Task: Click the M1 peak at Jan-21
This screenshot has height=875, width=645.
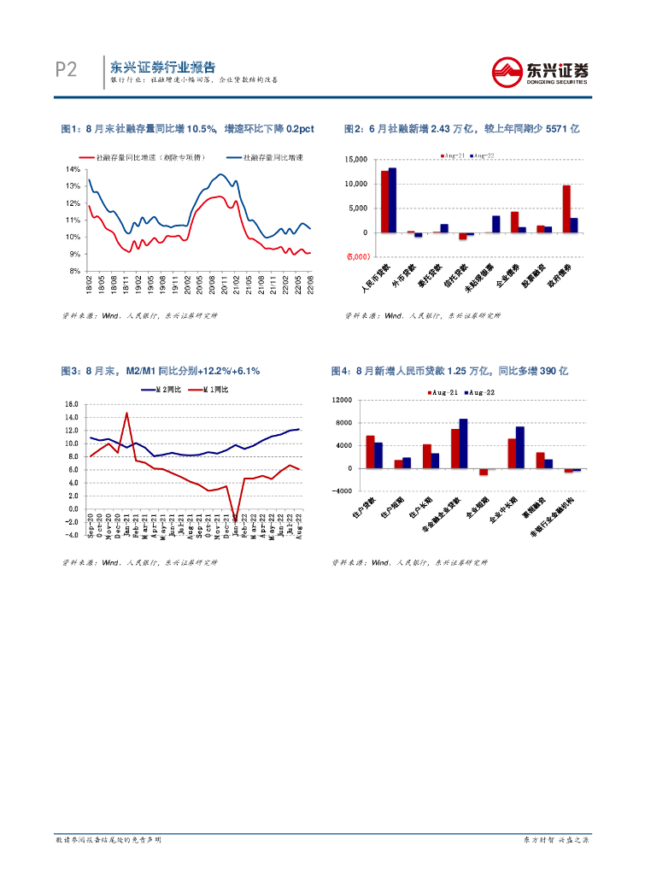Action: click(126, 414)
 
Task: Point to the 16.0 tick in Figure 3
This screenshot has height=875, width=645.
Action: click(72, 404)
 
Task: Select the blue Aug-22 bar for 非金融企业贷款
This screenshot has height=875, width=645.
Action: click(463, 443)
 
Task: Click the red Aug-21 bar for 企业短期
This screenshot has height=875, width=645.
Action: click(483, 472)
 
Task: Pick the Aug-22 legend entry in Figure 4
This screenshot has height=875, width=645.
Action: click(481, 391)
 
